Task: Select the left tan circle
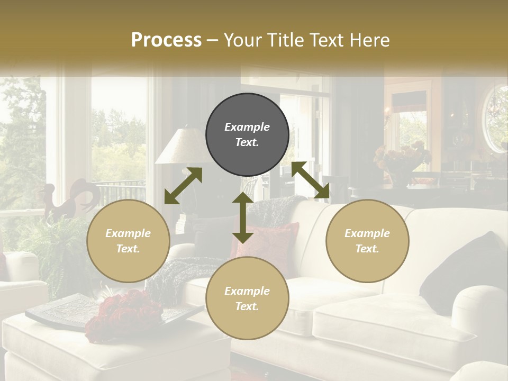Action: pyautogui.click(x=128, y=241)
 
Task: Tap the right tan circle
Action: pyautogui.click(x=367, y=241)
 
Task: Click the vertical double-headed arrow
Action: pyautogui.click(x=242, y=217)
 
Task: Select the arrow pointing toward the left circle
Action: pyautogui.click(x=183, y=186)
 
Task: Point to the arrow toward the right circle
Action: pyautogui.click(x=311, y=180)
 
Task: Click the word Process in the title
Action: pyautogui.click(x=166, y=40)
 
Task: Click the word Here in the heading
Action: pyautogui.click(x=371, y=40)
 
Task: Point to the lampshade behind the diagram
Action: pyautogui.click(x=180, y=147)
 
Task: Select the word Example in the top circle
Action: pyautogui.click(x=247, y=127)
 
